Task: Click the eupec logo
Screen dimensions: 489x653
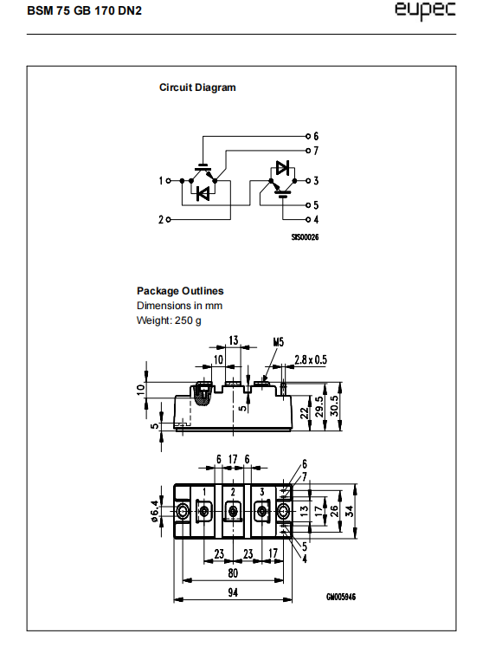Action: coord(425,11)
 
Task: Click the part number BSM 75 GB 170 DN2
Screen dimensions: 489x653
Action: coord(85,10)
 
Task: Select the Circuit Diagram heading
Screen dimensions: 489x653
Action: coord(197,87)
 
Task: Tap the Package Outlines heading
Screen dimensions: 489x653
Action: coord(180,291)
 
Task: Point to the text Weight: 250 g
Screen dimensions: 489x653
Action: coord(169,320)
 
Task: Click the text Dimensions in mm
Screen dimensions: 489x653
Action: coord(179,306)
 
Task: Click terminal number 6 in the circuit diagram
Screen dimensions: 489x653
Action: coord(316,136)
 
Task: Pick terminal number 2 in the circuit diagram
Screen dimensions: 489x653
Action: coord(161,219)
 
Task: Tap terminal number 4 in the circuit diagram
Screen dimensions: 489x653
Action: coord(316,219)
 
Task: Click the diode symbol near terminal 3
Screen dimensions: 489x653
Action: coord(282,168)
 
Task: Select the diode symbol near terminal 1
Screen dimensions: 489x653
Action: coord(203,193)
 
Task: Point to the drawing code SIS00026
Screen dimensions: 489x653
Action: coord(305,237)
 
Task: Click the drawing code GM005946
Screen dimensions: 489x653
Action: coord(341,597)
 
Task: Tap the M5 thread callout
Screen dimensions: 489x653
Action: coord(279,342)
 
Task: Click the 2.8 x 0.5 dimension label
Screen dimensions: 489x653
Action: coord(311,359)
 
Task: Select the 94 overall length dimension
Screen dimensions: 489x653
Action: coord(233,592)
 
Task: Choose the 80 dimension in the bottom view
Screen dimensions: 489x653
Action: coord(233,573)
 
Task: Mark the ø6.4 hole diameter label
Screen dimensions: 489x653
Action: coord(154,512)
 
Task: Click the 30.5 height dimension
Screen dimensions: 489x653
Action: coord(334,405)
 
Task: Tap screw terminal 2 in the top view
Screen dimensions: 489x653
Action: coord(233,511)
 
